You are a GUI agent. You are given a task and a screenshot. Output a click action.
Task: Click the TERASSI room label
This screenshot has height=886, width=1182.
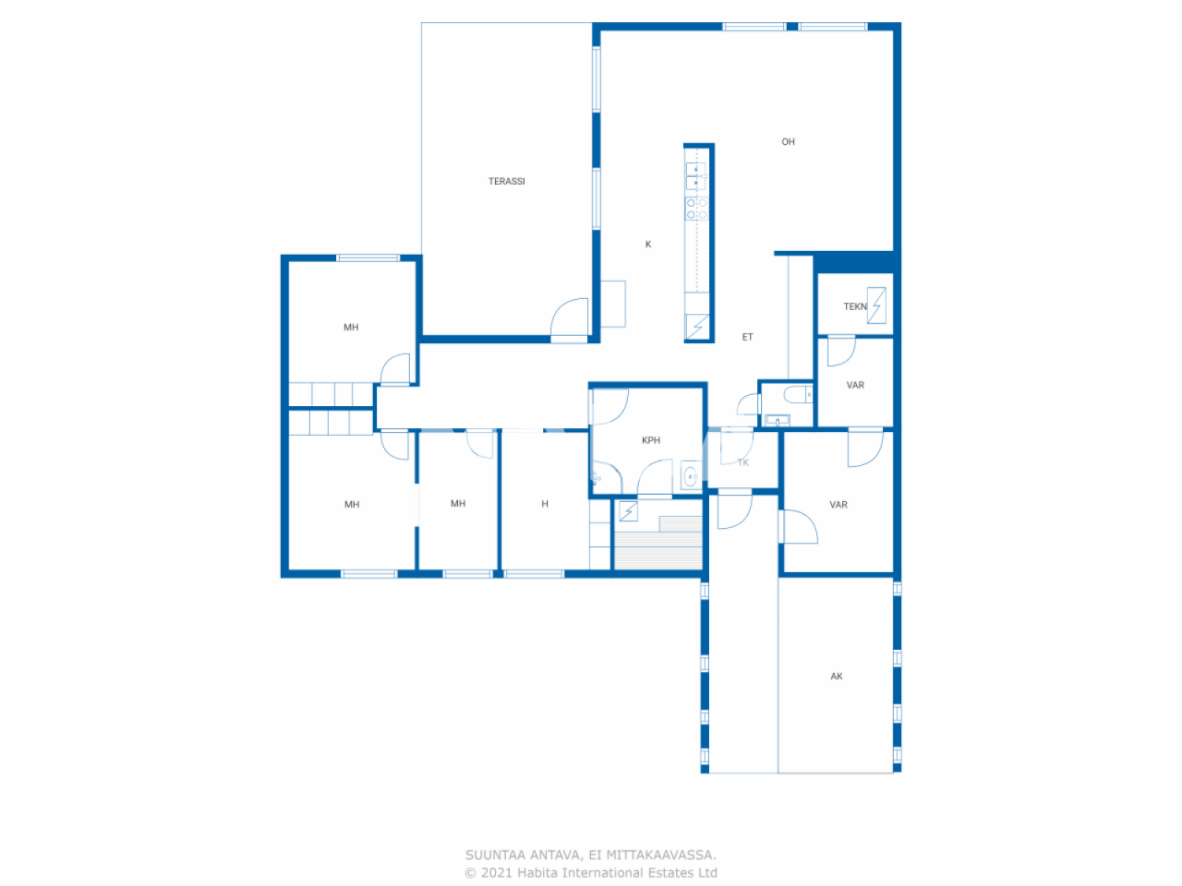coord(506,182)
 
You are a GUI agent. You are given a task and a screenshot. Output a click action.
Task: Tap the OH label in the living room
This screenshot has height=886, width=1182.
coord(788,142)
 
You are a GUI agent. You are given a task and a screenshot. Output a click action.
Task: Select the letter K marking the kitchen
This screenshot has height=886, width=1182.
coord(648,245)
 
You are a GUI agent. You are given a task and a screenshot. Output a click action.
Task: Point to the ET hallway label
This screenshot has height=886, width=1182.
coord(747,338)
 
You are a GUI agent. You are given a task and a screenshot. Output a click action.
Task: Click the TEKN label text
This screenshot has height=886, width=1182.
coord(854,306)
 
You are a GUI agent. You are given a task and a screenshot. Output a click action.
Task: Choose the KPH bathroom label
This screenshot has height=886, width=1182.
coord(651,441)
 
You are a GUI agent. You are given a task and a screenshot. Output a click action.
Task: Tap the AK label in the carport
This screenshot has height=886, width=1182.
coord(837,676)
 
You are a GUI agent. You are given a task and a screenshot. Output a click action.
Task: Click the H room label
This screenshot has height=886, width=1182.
coord(545,504)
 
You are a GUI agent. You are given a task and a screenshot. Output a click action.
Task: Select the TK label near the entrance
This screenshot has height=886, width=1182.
coord(743,462)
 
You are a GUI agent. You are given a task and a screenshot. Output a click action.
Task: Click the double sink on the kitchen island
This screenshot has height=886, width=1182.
coord(695,176)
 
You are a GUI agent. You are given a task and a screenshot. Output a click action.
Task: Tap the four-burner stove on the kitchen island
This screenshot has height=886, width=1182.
coord(696,209)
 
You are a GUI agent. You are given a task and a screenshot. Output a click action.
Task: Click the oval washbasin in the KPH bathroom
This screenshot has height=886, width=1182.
coord(689,477)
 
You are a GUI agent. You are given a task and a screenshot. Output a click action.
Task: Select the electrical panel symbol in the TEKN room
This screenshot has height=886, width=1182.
coord(876,305)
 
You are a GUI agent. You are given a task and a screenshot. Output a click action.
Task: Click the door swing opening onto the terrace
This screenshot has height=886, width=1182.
coord(570,320)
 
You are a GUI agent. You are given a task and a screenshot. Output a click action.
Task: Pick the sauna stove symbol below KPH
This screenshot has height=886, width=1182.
coord(628,510)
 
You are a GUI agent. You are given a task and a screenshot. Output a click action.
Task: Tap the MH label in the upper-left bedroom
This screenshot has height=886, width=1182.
coord(351,328)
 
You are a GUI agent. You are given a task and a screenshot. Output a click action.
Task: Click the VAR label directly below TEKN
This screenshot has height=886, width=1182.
coord(855,386)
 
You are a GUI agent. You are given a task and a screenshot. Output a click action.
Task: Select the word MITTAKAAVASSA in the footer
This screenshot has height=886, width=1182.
coord(660,856)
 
